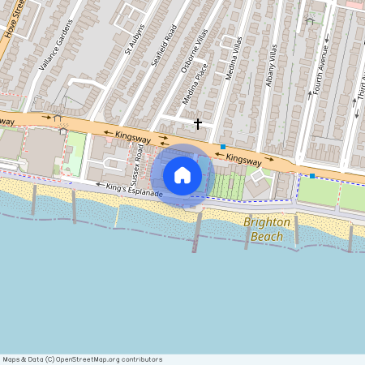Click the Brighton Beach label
tap(267, 229)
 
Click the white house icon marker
tap(182, 174)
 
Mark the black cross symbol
tap(198, 123)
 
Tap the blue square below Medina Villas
tap(222, 147)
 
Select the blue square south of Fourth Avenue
tap(311, 175)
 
